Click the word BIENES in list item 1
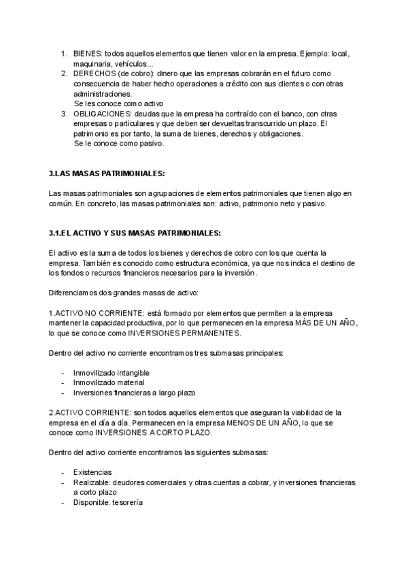tap(88, 53)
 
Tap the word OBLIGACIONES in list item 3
tap(102, 113)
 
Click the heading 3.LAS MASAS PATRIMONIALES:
tap(107, 174)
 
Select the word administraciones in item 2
tap(103, 93)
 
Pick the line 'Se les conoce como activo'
tap(119, 103)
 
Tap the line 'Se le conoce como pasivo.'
tap(119, 144)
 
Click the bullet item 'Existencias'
tap(93, 472)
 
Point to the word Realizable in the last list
tap(92, 482)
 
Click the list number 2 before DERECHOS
tap(64, 73)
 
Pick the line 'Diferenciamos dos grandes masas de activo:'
tap(123, 293)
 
